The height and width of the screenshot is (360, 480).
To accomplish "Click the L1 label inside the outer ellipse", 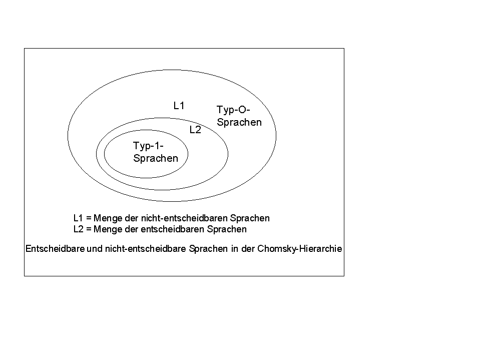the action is [x=179, y=106].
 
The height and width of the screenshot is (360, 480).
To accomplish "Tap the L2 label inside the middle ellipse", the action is [x=195, y=130].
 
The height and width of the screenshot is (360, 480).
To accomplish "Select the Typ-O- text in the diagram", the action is [x=233, y=110].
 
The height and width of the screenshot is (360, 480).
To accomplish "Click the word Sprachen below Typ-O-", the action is [x=239, y=122].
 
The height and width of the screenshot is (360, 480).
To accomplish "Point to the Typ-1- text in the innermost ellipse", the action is [x=148, y=146].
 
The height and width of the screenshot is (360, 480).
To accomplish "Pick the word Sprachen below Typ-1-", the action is [x=156, y=158].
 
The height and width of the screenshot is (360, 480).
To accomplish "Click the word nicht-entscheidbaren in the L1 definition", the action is [x=184, y=218].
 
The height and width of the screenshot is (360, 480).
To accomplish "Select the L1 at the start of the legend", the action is [x=79, y=218].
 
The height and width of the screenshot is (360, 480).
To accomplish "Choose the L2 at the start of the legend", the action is [x=79, y=229].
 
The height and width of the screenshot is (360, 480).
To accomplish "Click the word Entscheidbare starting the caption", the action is [x=55, y=248].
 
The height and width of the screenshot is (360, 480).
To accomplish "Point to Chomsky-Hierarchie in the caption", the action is [x=299, y=248].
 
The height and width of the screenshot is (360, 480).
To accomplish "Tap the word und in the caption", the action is [x=95, y=248].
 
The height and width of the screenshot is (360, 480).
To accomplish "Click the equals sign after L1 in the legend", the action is [x=89, y=218].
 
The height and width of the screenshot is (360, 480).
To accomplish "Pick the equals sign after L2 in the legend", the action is [x=89, y=229].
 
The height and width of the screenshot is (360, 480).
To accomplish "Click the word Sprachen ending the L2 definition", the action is [x=227, y=229].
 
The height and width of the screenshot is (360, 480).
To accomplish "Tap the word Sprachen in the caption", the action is [x=208, y=248].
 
